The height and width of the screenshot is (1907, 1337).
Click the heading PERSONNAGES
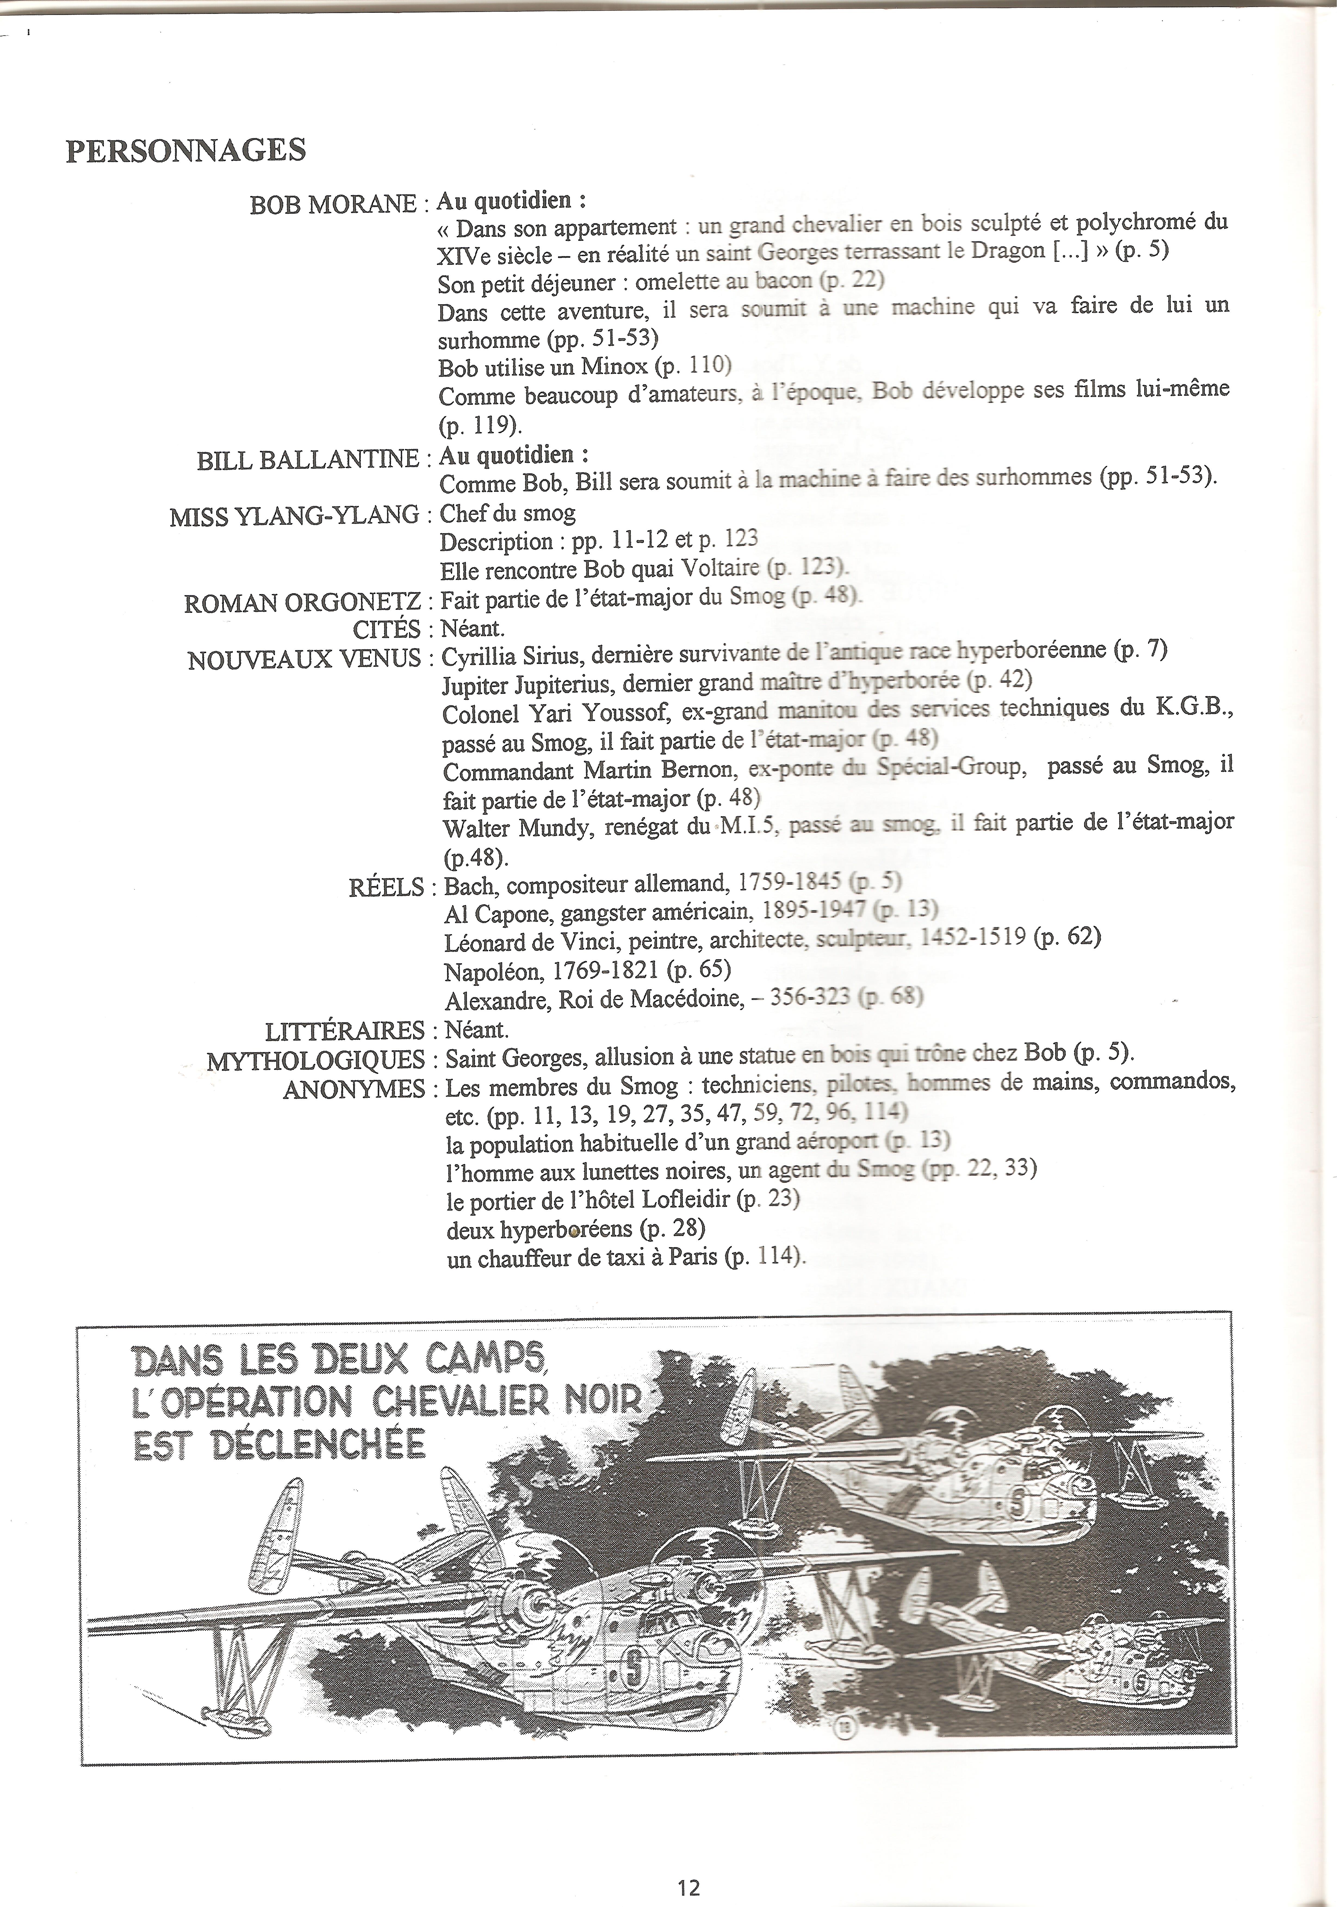click(185, 150)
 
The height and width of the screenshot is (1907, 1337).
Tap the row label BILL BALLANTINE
click(307, 460)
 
